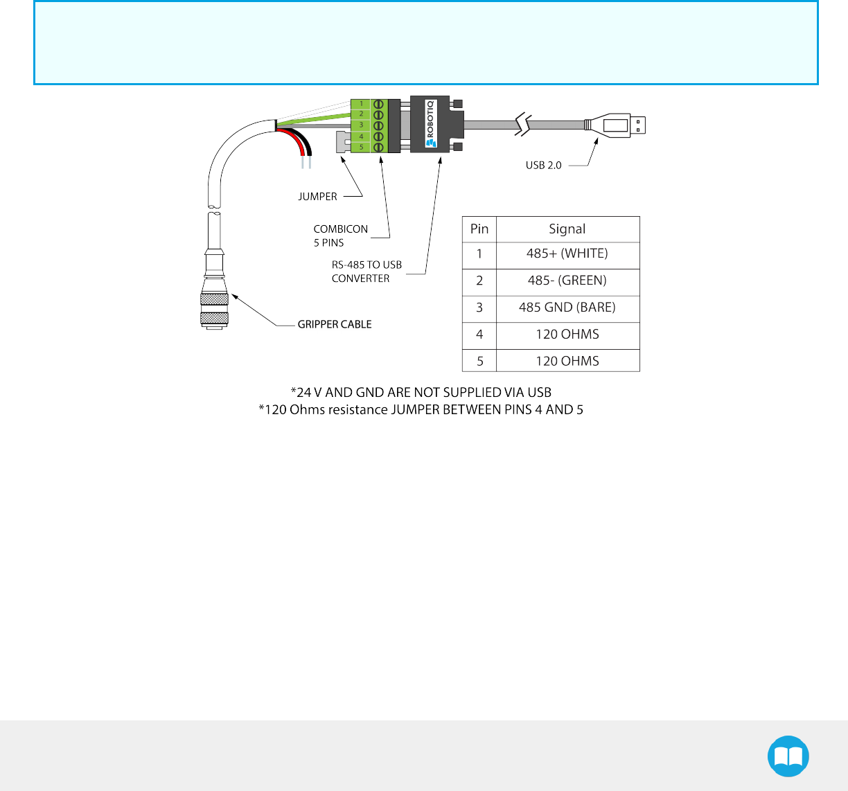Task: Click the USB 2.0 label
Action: (x=543, y=166)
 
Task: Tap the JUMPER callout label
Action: (x=317, y=197)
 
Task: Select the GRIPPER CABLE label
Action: (x=335, y=324)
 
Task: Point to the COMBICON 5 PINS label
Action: (x=340, y=235)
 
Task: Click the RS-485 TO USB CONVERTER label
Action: (x=366, y=272)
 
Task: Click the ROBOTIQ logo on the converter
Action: (x=430, y=124)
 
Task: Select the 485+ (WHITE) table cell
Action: (x=567, y=254)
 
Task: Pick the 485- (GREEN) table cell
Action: (x=567, y=281)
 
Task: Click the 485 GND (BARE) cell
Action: (x=567, y=308)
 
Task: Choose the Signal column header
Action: (x=567, y=229)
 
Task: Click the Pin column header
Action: (x=479, y=229)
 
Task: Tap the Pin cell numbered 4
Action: (x=479, y=335)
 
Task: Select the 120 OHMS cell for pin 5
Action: (x=567, y=361)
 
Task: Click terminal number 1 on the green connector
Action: (x=361, y=104)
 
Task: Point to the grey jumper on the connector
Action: (x=342, y=142)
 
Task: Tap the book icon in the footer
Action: (x=788, y=756)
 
